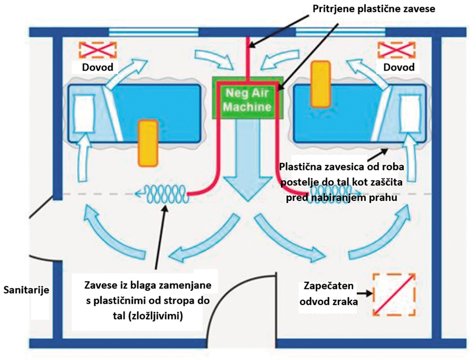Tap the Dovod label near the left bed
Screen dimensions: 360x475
click(97, 67)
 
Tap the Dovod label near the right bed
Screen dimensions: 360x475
click(399, 67)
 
